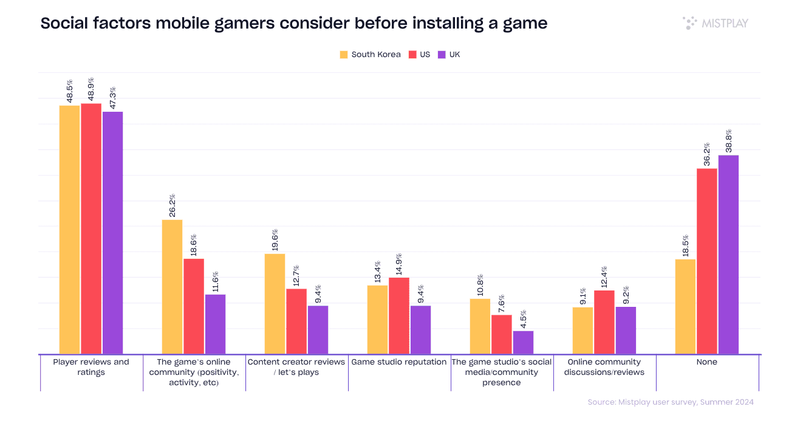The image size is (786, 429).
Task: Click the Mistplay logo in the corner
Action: [x=715, y=23]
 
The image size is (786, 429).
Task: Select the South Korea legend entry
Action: [x=370, y=54]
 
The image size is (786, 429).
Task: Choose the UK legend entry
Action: [x=449, y=54]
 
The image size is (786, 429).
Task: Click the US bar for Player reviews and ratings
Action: [x=91, y=228]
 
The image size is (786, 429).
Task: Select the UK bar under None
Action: [x=728, y=255]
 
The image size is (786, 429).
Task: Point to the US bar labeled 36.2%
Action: [x=706, y=261]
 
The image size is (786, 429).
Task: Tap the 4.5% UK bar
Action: [x=523, y=343]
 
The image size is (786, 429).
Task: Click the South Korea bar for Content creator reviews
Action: [x=275, y=304]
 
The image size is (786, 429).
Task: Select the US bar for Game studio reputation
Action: [x=399, y=316]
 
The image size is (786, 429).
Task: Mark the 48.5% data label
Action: [x=70, y=91]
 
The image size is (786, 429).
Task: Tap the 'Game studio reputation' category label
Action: [x=399, y=362]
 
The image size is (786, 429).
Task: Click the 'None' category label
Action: [x=707, y=362]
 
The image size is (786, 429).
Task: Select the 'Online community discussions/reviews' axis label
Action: [x=604, y=367]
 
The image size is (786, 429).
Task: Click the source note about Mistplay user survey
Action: [x=671, y=402]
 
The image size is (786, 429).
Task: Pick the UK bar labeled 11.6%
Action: [x=215, y=324]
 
